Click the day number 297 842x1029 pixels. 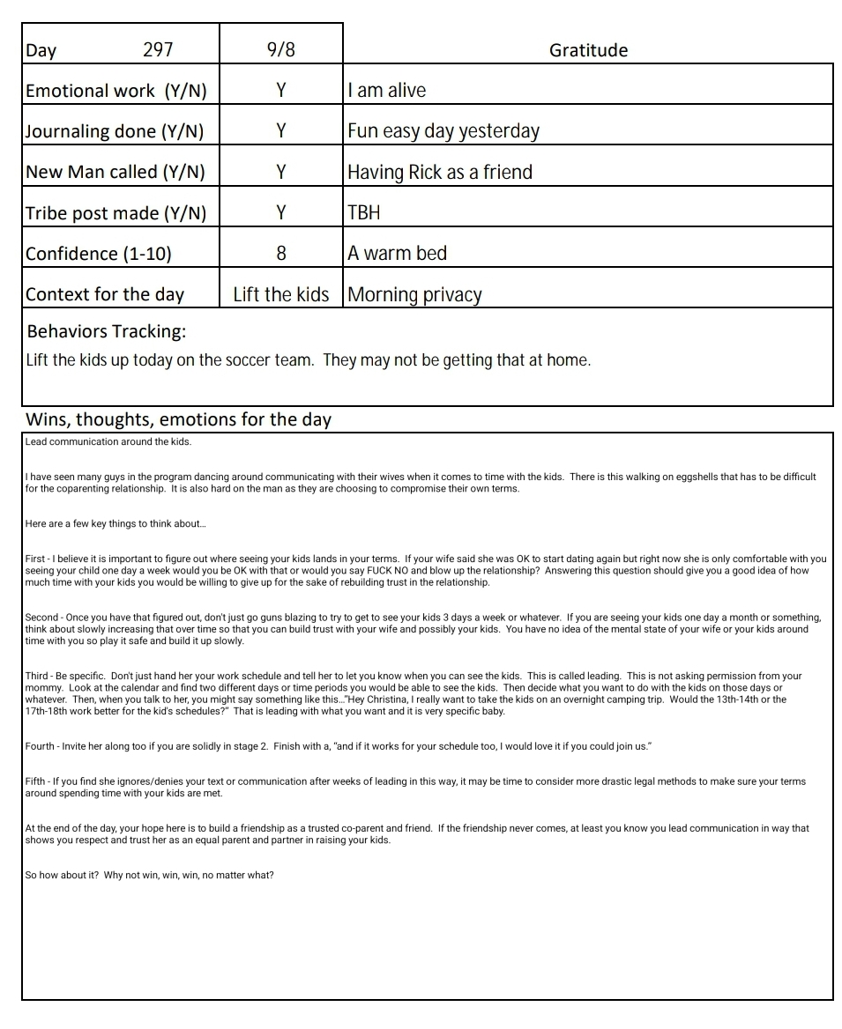[158, 49]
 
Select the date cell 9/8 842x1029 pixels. [280, 49]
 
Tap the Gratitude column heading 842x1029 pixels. [588, 50]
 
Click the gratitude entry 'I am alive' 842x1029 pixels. [386, 90]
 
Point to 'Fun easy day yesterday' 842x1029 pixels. [443, 131]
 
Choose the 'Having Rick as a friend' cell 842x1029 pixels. [439, 172]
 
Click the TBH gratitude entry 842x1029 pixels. [364, 212]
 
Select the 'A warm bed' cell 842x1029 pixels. [397, 253]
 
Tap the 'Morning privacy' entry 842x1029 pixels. [414, 294]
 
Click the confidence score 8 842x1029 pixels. [281, 254]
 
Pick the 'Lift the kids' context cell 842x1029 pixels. [280, 294]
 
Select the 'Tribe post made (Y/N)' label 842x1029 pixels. [115, 213]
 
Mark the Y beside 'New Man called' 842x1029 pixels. [281, 172]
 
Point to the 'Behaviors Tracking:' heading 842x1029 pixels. [107, 331]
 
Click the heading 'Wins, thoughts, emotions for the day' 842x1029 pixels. [178, 419]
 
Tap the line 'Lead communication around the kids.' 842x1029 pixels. [108, 441]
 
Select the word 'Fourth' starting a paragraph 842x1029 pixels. [40, 746]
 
